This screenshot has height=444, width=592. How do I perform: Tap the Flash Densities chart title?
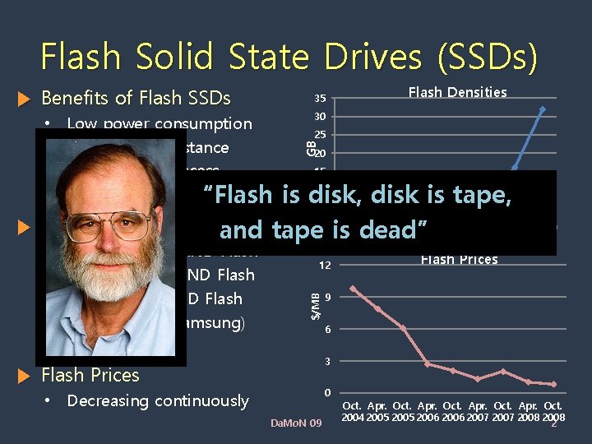[x=457, y=92]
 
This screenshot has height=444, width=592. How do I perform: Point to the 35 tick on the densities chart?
[x=321, y=99]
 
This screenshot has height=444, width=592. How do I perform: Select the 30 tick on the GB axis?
[x=321, y=117]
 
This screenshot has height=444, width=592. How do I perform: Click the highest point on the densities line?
[x=542, y=109]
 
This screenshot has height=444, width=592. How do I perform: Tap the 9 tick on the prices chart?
[x=327, y=297]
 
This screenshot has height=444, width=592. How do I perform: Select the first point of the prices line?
[x=352, y=289]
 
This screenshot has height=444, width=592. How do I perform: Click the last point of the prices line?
[x=553, y=384]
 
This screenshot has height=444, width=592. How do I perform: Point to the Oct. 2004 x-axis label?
[x=352, y=411]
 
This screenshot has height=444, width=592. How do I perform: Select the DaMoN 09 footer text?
[x=297, y=423]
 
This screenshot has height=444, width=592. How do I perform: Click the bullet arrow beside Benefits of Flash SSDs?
[x=23, y=99]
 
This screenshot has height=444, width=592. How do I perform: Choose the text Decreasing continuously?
[x=158, y=401]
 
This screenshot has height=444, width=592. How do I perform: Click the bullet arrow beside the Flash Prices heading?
[x=23, y=376]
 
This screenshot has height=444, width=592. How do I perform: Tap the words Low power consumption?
[x=160, y=124]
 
